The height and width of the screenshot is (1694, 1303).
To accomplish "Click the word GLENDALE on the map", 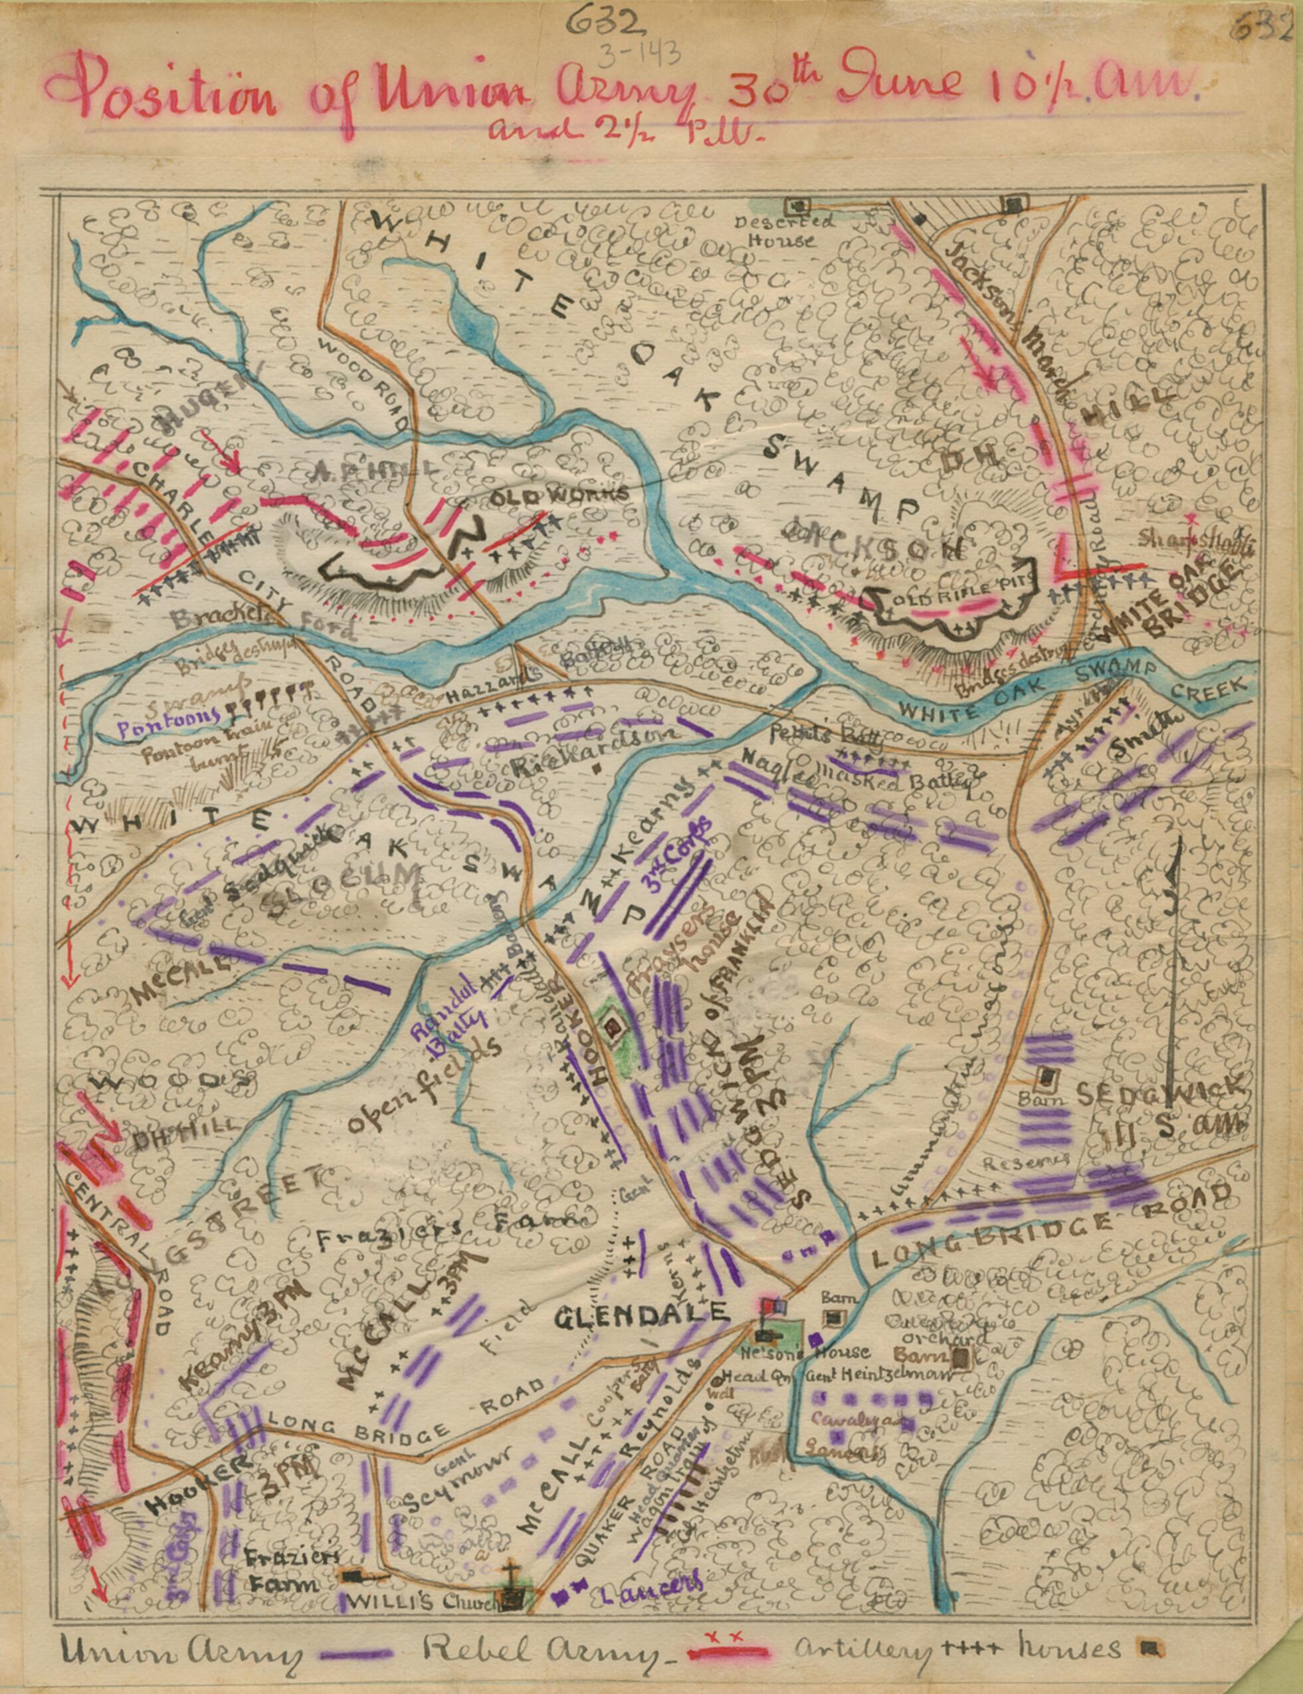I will click(643, 1313).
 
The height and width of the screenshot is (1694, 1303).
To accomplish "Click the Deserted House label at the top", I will click(784, 231).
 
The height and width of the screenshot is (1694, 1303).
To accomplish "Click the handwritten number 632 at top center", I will click(605, 24).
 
